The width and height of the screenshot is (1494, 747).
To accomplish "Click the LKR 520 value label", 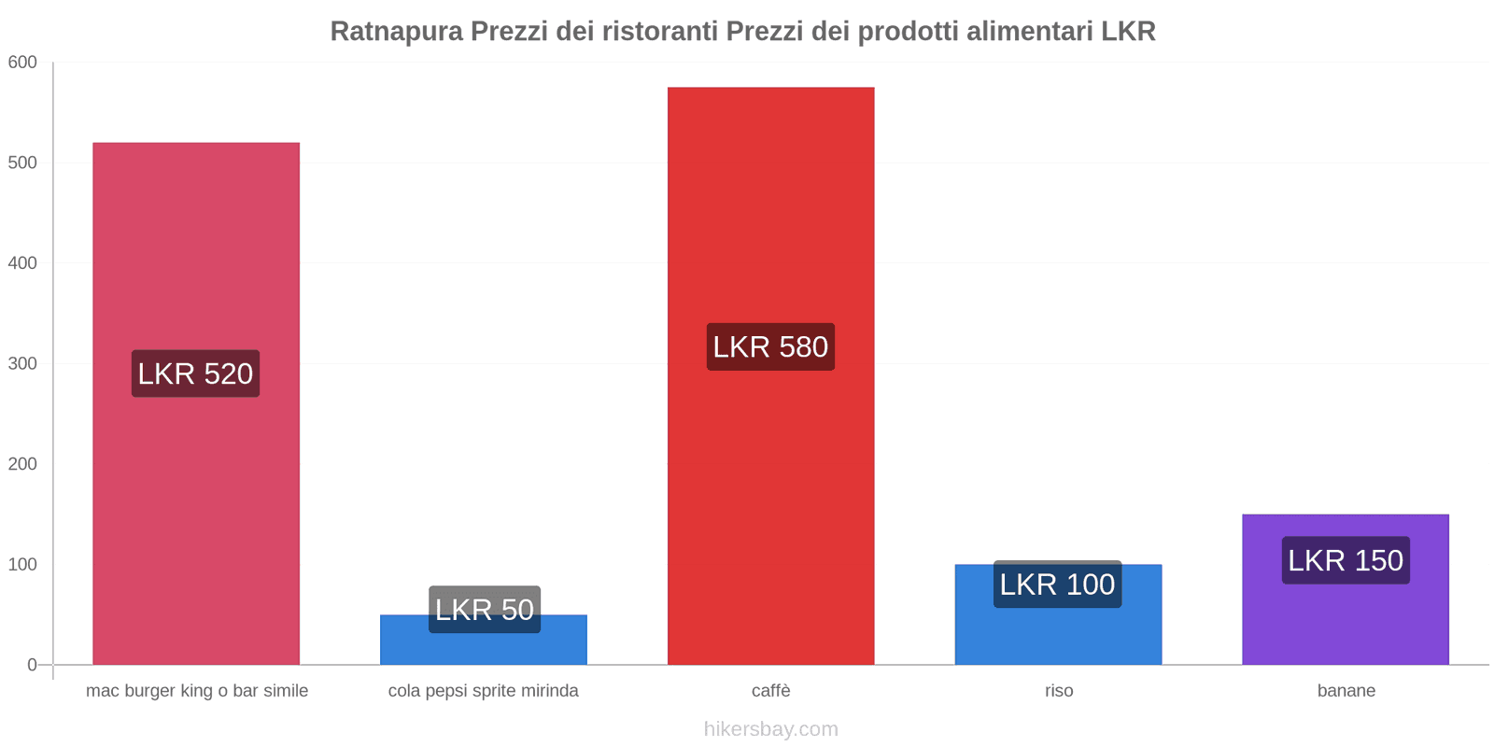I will pyautogui.click(x=195, y=373).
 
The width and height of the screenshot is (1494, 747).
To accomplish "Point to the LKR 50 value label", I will pyautogui.click(x=485, y=609).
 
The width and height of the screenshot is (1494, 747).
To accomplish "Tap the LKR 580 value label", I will pyautogui.click(x=770, y=346).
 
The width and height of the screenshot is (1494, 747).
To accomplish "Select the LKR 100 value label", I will pyautogui.click(x=1057, y=585).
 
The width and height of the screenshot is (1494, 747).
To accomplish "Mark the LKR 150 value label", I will pyautogui.click(x=1346, y=560).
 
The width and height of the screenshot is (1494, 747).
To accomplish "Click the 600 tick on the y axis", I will pyautogui.click(x=22, y=63).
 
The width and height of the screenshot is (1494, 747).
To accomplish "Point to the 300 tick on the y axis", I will pyautogui.click(x=22, y=364).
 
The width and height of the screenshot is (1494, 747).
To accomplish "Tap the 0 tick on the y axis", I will pyautogui.click(x=32, y=665).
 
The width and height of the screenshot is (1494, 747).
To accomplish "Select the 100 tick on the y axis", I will pyautogui.click(x=22, y=565).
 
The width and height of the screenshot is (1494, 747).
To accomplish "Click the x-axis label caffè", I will pyautogui.click(x=770, y=691).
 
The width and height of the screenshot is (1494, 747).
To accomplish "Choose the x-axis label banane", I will pyautogui.click(x=1346, y=691).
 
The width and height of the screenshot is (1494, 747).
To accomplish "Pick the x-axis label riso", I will pyautogui.click(x=1059, y=691).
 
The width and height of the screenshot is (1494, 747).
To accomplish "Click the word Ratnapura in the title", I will pyautogui.click(x=396, y=32).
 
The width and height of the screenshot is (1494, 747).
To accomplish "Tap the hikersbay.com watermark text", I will pyautogui.click(x=770, y=729).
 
